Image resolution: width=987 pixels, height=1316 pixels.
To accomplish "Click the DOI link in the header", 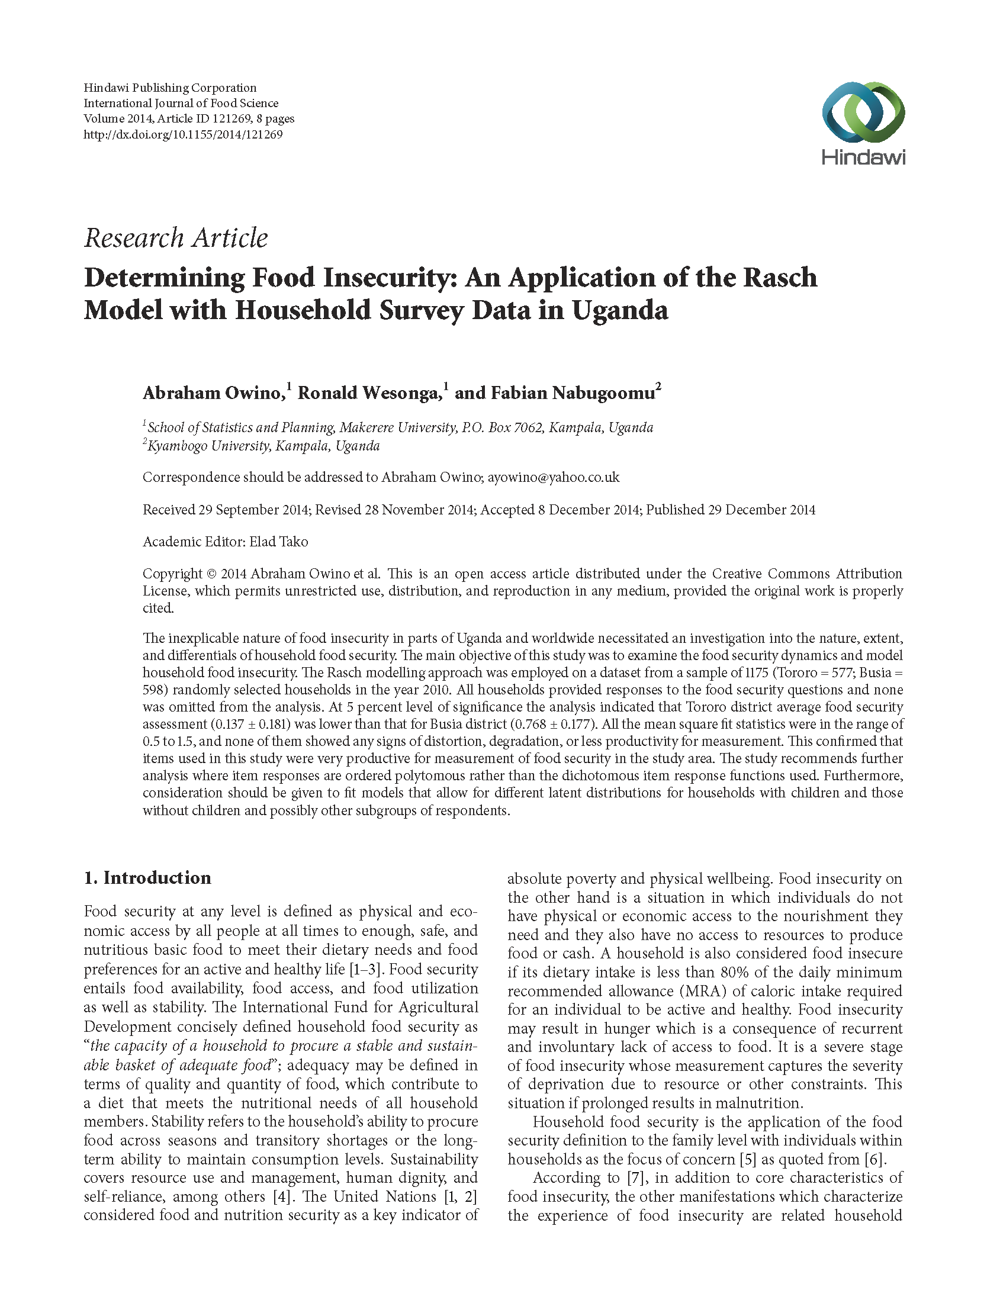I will (183, 134).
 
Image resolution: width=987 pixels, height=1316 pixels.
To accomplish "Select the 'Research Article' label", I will (176, 238).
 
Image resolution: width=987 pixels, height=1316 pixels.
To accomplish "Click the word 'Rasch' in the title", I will (779, 277).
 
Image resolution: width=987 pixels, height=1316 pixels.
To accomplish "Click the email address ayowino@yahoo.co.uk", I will (553, 477).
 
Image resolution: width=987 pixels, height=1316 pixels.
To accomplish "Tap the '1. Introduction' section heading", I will (147, 878).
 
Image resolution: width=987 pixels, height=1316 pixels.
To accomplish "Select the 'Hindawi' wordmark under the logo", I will (863, 157).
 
